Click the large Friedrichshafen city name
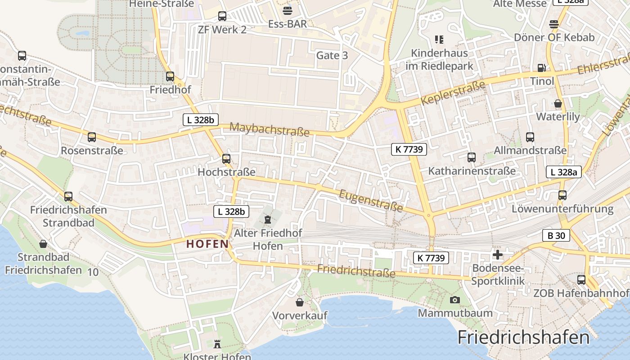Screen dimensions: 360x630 tap(523, 337)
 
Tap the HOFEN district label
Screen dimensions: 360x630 tap(207, 244)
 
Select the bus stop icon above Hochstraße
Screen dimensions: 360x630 tap(226, 158)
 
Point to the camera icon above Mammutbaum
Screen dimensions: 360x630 tap(455, 300)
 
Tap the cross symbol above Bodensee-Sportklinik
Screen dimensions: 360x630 tap(498, 255)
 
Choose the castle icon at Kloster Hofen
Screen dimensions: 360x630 tap(217, 344)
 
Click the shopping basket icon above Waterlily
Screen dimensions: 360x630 tap(558, 103)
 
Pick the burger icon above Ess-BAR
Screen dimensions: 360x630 tap(287, 11)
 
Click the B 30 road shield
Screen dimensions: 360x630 tap(556, 235)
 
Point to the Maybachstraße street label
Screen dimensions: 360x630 tap(269, 129)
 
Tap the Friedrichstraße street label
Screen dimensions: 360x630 tap(356, 271)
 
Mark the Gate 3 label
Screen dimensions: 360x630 tap(332, 55)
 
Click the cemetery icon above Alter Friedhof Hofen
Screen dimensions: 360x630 tap(268, 220)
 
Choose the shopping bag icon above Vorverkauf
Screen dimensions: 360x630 tap(300, 302)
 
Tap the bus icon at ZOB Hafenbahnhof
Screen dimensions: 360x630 tap(581, 279)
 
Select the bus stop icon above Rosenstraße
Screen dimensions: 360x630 tap(92, 137)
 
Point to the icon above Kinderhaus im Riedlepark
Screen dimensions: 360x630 tap(439, 40)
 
